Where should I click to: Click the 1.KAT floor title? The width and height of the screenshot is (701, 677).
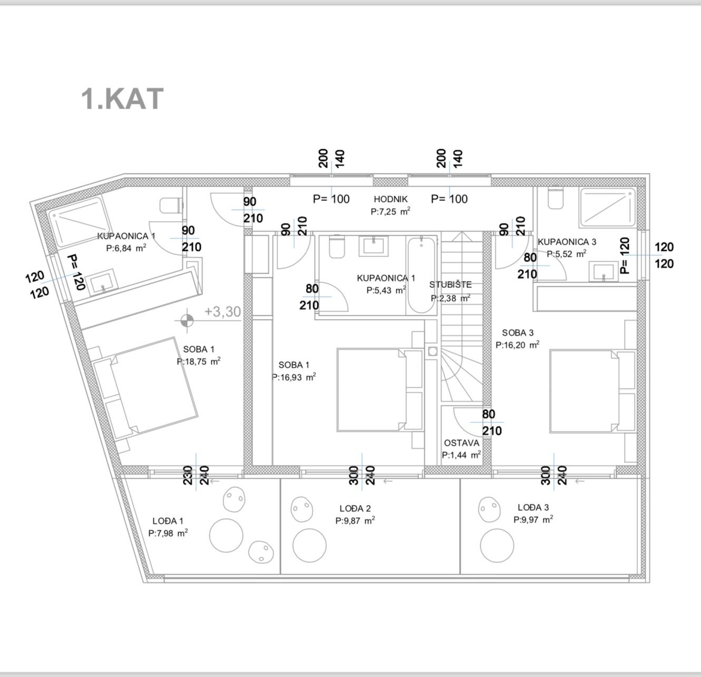(122, 99)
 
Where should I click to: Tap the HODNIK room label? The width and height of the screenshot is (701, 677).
(391, 199)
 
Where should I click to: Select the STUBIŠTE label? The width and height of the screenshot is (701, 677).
(450, 285)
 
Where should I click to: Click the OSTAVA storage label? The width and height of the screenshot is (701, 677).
(462, 443)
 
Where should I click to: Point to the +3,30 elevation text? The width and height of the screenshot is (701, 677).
(222, 312)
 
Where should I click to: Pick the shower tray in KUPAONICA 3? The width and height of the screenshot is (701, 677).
(607, 207)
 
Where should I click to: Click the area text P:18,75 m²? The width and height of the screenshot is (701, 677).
(199, 361)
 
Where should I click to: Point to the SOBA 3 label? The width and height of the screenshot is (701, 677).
(518, 333)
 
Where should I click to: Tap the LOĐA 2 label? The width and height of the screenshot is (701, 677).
(355, 508)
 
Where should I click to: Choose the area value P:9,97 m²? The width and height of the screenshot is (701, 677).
(533, 519)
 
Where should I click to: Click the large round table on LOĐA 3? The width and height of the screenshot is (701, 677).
(497, 545)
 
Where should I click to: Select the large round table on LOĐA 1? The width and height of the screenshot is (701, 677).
(226, 535)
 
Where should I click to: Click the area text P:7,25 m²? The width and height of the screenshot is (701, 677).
(391, 211)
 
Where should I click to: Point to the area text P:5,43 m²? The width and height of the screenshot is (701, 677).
(386, 290)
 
